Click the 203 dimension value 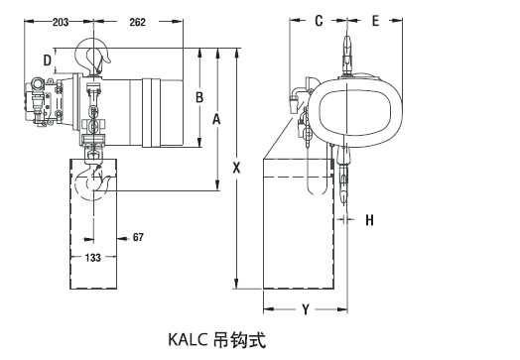61,22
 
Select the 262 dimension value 137,22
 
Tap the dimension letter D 48,60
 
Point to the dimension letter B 199,97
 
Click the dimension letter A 216,119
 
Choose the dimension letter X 236,168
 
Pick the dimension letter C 319,21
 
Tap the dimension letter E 375,21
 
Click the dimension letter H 370,220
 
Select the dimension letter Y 306,309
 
